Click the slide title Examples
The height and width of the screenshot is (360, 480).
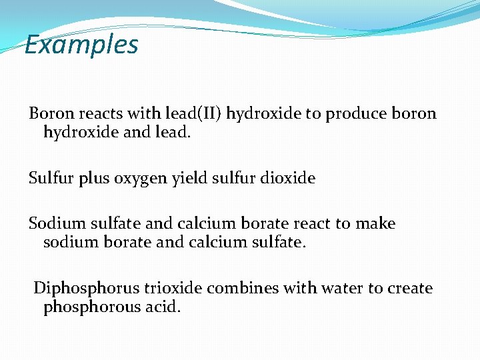(81, 45)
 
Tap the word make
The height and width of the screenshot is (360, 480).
(375, 223)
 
